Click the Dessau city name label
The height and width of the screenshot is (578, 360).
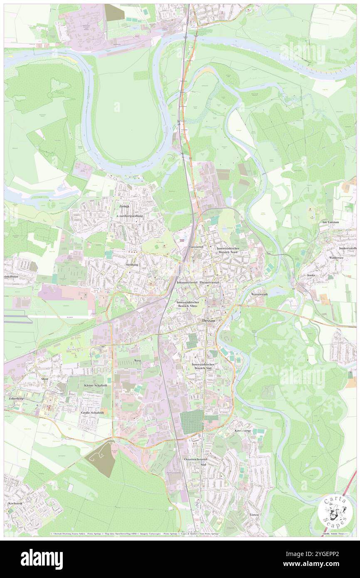209,321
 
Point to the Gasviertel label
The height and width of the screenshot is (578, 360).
196,247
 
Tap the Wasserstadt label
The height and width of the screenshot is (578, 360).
260,294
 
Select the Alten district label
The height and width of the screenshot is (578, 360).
44,379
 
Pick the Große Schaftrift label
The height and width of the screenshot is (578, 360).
92,413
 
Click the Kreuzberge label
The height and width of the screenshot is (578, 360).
243,430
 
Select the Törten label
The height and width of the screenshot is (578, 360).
254,515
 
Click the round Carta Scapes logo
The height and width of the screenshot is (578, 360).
332,512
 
